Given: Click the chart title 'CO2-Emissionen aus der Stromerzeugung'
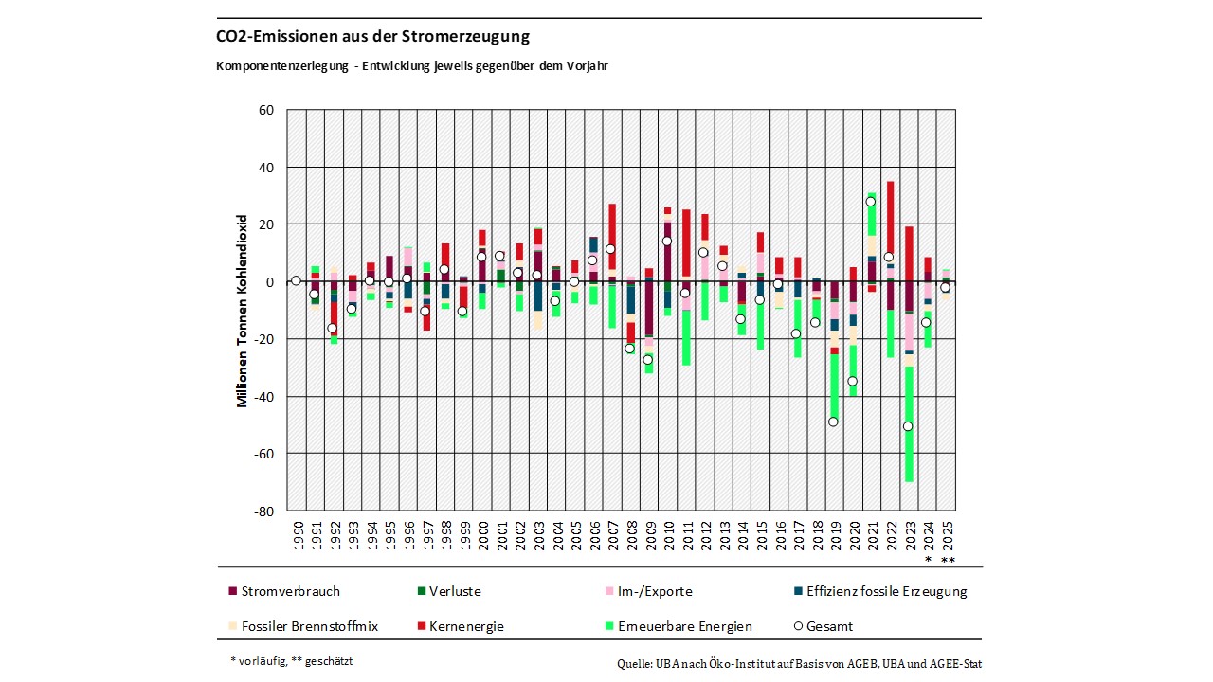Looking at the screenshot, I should click(372, 37).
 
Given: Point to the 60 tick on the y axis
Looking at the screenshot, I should click(266, 110).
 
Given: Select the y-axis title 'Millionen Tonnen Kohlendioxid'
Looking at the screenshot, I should click(243, 310).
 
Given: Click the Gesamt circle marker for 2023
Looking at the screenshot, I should click(908, 426).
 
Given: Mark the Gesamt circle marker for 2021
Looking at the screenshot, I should click(871, 202).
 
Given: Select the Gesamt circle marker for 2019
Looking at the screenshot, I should click(834, 422).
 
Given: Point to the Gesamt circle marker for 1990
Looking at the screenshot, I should click(297, 280).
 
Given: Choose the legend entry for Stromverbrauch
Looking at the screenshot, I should click(283, 591).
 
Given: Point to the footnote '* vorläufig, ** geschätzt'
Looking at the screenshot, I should click(292, 661).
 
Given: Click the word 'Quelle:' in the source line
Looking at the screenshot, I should click(635, 664).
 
